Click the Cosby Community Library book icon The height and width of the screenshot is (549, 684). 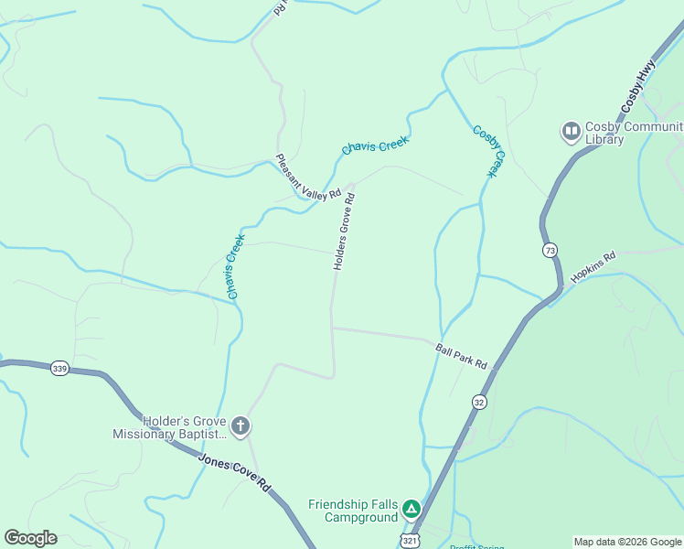click(572, 133)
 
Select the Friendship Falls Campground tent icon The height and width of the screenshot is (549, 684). click(412, 508)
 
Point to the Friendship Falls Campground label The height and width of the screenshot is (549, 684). click(354, 511)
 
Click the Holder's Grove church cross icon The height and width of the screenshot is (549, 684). click(240, 425)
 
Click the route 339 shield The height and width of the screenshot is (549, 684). click(59, 367)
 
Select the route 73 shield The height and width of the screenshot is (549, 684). click(550, 250)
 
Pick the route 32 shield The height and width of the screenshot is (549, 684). click(479, 402)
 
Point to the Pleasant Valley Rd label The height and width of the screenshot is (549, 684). click(308, 177)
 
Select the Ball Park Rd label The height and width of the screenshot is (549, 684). click(462, 355)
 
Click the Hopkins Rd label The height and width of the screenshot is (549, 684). click(593, 267)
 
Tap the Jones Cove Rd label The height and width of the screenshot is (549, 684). click(235, 473)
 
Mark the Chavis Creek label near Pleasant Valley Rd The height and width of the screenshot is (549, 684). click(375, 145)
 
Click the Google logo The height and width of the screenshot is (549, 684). click(30, 538)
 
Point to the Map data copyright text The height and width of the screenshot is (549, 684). click(628, 542)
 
